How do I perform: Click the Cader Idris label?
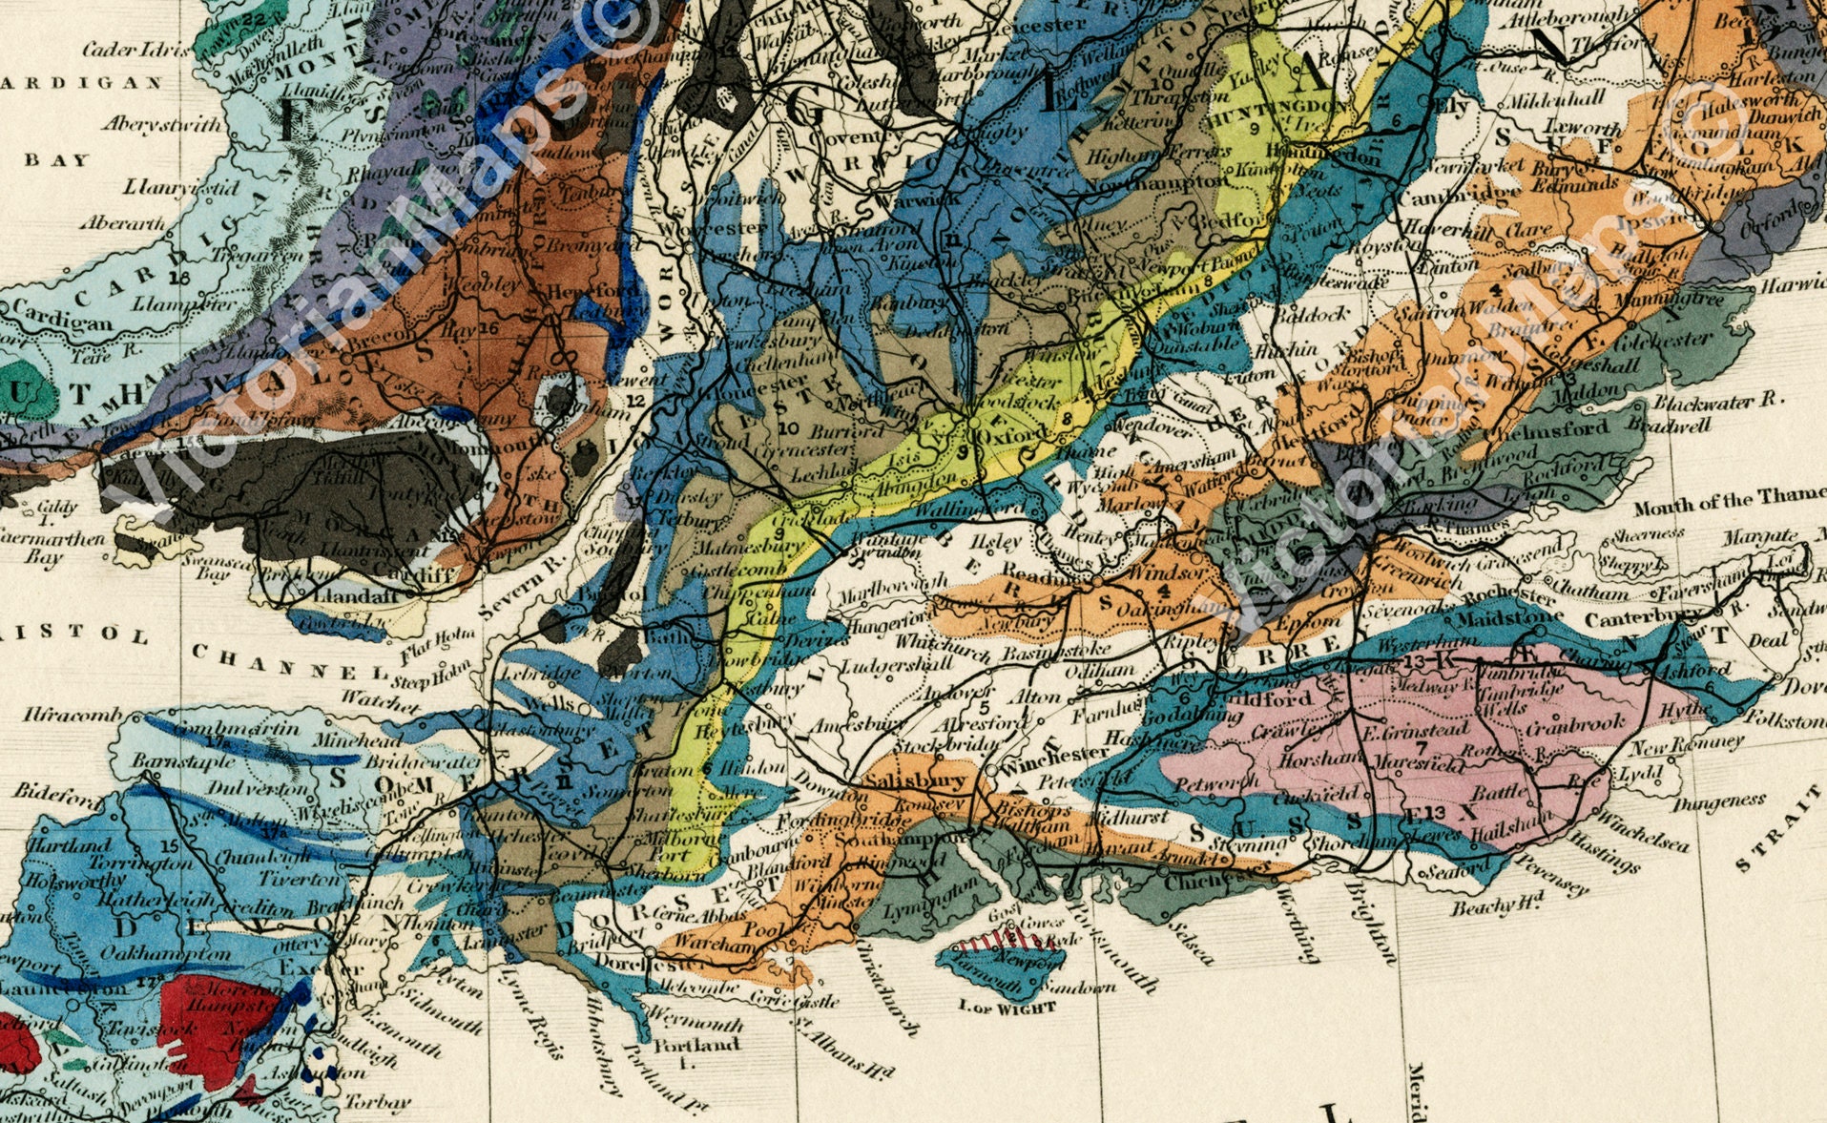click(x=135, y=50)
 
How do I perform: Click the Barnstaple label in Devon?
click(x=169, y=761)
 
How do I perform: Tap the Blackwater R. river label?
click(x=1717, y=401)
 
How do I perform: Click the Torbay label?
click(x=377, y=1102)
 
